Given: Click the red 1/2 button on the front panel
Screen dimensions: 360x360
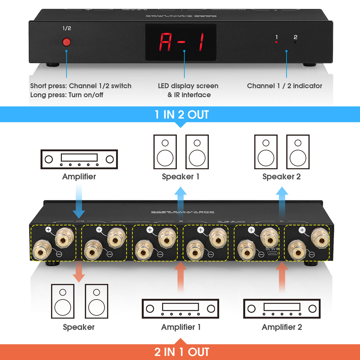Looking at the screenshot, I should (x=66, y=42).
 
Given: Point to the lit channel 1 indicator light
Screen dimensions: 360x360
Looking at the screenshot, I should (x=276, y=42).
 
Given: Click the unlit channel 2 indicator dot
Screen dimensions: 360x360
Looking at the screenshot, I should (x=295, y=42).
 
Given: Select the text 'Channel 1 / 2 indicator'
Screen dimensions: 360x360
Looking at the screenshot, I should (x=284, y=86).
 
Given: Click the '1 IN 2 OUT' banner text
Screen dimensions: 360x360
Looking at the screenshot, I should (x=182, y=114).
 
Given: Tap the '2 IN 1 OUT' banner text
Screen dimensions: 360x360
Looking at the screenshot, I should (x=182, y=352).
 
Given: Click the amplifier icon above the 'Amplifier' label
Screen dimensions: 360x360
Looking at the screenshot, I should (x=79, y=159).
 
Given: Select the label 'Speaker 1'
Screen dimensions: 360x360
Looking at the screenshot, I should (x=181, y=177).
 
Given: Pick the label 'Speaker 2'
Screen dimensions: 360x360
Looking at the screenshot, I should (x=281, y=177).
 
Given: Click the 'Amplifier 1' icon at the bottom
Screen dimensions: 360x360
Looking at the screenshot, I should (x=180, y=309).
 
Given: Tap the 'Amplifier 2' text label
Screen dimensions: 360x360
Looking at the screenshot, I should (x=282, y=327).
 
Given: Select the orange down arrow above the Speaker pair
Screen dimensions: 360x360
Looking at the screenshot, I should (x=79, y=271).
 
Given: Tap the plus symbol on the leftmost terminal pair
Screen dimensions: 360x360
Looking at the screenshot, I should (x=48, y=229).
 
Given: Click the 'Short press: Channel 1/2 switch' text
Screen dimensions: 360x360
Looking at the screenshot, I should (x=81, y=86).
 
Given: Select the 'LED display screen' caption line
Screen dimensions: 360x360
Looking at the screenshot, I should (x=188, y=86).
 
